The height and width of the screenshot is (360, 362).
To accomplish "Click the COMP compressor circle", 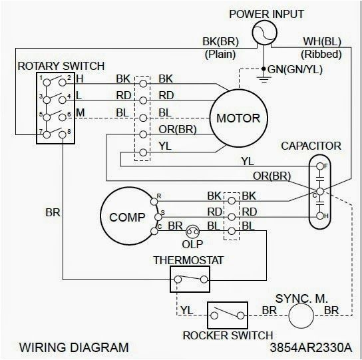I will coord(126,216).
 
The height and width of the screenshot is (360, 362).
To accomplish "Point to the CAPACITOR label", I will coord(311,145).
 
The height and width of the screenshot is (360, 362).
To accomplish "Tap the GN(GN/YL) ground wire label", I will coord(295,69).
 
